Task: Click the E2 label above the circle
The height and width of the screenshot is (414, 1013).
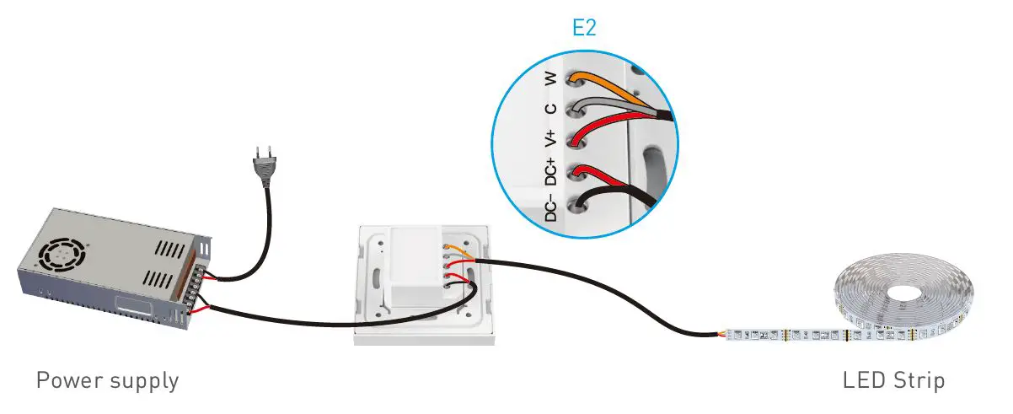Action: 584,28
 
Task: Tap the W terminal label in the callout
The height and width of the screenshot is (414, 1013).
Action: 550,78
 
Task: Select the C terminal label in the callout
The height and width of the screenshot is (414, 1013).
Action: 550,108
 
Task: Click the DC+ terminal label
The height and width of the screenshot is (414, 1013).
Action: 550,171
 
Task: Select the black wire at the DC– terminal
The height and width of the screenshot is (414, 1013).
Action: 615,198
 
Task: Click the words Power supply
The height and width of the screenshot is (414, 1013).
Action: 107,380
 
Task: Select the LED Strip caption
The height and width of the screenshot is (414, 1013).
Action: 893,380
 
